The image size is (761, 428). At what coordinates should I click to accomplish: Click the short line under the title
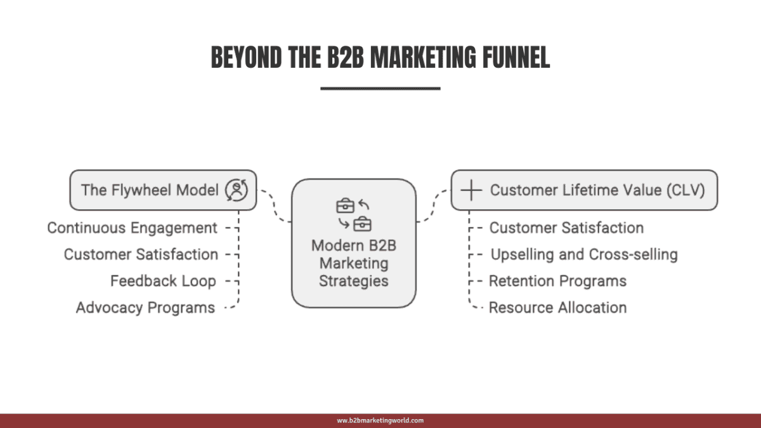tap(380, 88)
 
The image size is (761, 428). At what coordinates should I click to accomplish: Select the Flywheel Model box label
tap(150, 190)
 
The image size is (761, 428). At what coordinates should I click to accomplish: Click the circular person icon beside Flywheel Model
tap(237, 190)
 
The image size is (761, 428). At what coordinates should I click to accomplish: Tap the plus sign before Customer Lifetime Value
tap(470, 190)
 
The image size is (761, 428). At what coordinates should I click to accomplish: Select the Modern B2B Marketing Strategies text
tap(353, 263)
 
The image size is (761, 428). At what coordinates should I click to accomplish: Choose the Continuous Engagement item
tap(133, 228)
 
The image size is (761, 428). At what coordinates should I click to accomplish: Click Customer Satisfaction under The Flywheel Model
tap(141, 254)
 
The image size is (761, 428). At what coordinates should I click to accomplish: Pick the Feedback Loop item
tap(163, 281)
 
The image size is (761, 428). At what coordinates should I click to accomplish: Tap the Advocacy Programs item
tap(145, 308)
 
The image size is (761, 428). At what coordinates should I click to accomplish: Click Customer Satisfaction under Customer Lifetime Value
tap(566, 228)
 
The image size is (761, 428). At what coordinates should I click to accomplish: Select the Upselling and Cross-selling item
tap(584, 254)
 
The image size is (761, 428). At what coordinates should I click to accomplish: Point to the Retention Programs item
tap(557, 281)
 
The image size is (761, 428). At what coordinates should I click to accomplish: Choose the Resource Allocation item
tap(557, 308)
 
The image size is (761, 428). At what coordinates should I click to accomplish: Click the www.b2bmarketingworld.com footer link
tap(380, 420)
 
